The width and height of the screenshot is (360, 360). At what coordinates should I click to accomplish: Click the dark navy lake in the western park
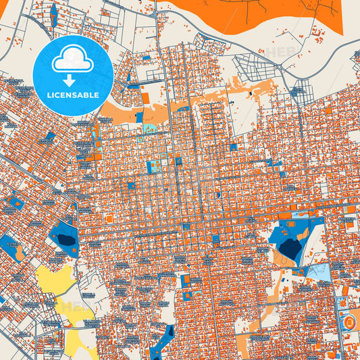(x=66, y=238)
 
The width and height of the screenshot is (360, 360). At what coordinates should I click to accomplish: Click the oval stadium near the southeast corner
(x=349, y=323)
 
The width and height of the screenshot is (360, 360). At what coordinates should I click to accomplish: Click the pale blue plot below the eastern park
(x=317, y=272)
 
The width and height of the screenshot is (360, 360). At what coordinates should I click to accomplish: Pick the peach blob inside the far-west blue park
(x=19, y=252)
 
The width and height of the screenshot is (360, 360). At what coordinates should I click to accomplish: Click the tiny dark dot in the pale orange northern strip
(x=251, y=92)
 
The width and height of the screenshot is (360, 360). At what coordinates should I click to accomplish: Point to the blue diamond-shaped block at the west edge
(x=15, y=202)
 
